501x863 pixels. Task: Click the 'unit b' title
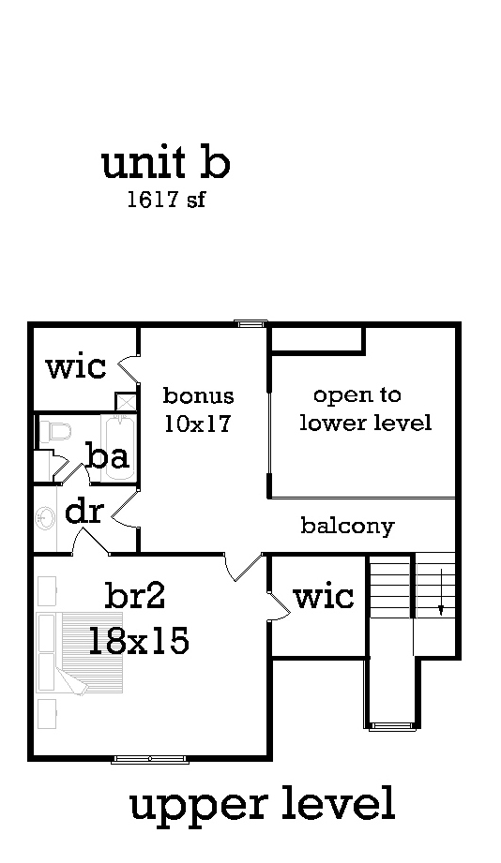(165, 163)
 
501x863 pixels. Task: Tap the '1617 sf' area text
(166, 199)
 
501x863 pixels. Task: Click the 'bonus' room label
(198, 395)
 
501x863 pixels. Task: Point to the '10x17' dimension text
(197, 424)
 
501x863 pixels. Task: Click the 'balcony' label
(347, 526)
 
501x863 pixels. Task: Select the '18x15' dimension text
(138, 640)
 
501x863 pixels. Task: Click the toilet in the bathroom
(56, 431)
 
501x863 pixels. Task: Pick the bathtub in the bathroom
(118, 449)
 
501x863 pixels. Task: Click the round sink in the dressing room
(45, 518)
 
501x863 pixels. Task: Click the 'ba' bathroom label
(109, 456)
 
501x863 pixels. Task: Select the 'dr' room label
(84, 512)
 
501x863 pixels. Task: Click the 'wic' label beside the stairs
(324, 596)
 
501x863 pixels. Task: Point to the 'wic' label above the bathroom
(76, 366)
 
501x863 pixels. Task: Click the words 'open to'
(357, 396)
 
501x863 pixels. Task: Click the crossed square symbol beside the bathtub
(125, 402)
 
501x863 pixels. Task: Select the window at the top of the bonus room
(250, 323)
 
